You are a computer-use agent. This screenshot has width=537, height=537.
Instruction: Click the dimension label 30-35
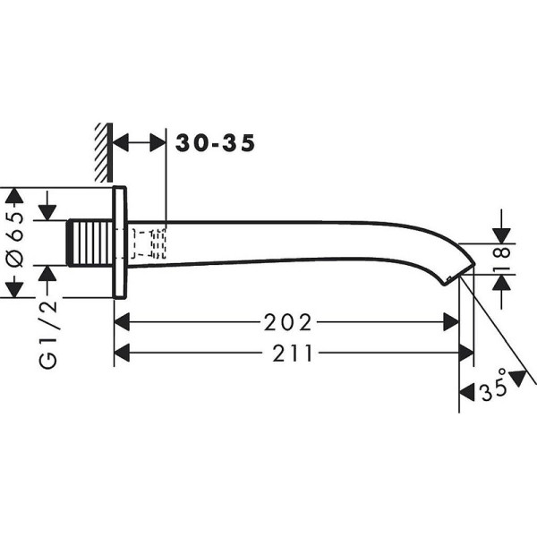point(216,142)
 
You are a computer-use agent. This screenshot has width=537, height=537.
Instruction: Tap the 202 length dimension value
point(288,321)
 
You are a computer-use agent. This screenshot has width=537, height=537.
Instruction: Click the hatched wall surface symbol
point(100,149)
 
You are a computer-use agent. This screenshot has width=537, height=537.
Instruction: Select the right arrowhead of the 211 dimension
point(465,354)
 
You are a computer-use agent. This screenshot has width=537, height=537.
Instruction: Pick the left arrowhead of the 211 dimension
point(123,354)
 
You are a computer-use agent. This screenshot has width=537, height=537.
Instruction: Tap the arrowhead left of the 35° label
point(466,390)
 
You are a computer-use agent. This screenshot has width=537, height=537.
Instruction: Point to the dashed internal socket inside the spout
point(149,243)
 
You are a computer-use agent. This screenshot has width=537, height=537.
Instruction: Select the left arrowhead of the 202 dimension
point(123,321)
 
